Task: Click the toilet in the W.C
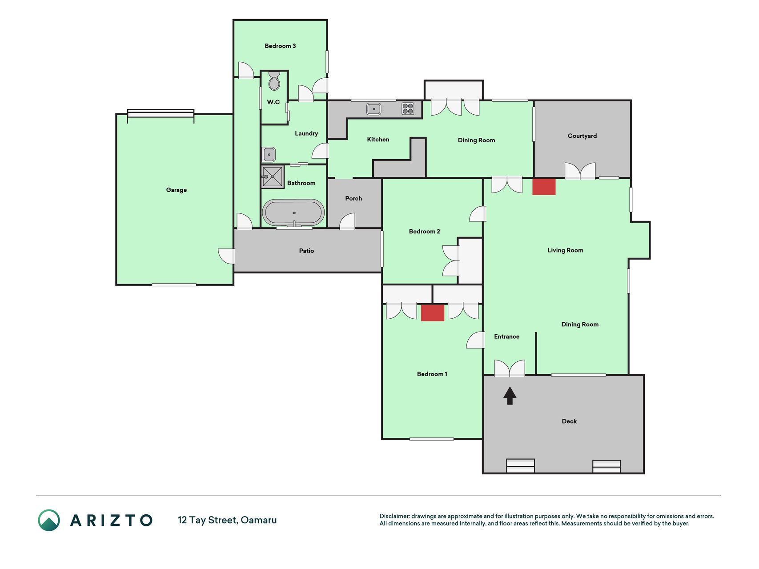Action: pyautogui.click(x=274, y=80)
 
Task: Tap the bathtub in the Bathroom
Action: pyautogui.click(x=293, y=212)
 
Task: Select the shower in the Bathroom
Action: pyautogui.click(x=272, y=176)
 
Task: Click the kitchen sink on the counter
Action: pyautogui.click(x=373, y=108)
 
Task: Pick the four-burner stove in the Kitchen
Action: pyautogui.click(x=408, y=108)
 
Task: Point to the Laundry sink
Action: pyautogui.click(x=269, y=154)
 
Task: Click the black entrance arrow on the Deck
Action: pyautogui.click(x=510, y=396)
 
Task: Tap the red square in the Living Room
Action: pyautogui.click(x=544, y=187)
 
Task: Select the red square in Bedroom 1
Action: pyautogui.click(x=433, y=313)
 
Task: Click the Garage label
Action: pyautogui.click(x=177, y=190)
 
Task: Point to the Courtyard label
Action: pyautogui.click(x=582, y=136)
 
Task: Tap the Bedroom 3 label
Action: pyautogui.click(x=280, y=46)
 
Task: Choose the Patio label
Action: pyautogui.click(x=306, y=251)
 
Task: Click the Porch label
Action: pyautogui.click(x=353, y=198)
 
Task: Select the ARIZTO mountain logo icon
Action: pyautogui.click(x=49, y=520)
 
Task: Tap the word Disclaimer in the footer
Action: pyautogui.click(x=394, y=516)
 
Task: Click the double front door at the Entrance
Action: pyautogui.click(x=510, y=368)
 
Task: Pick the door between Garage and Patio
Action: pyautogui.click(x=227, y=256)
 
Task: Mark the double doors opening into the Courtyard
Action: pyautogui.click(x=580, y=171)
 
